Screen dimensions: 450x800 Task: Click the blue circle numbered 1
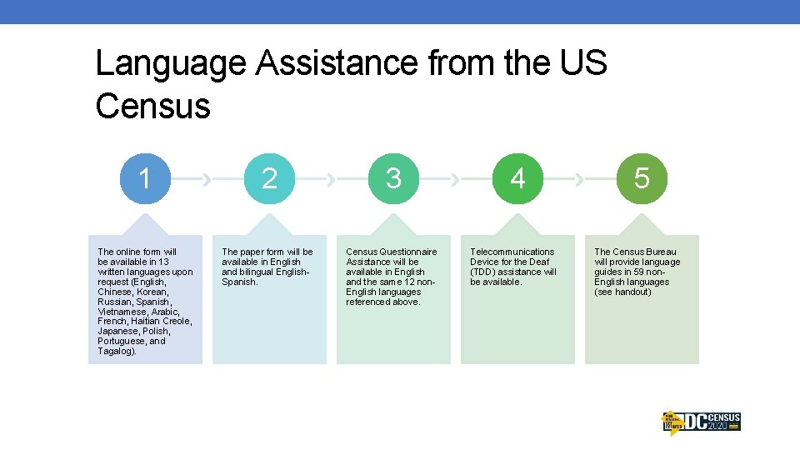coord(145,178)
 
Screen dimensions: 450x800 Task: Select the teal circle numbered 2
coord(269,178)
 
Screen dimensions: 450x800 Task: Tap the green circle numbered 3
coord(393,178)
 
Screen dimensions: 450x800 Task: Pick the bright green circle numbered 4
coord(517,178)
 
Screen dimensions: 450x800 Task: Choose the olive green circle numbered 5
coord(642,178)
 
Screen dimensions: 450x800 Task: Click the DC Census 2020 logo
coord(701,422)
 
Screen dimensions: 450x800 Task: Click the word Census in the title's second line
coord(152,106)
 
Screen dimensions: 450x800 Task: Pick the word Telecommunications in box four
coord(512,252)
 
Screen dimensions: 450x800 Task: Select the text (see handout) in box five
coord(622,292)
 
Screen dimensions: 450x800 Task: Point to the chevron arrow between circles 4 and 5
coord(579,178)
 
